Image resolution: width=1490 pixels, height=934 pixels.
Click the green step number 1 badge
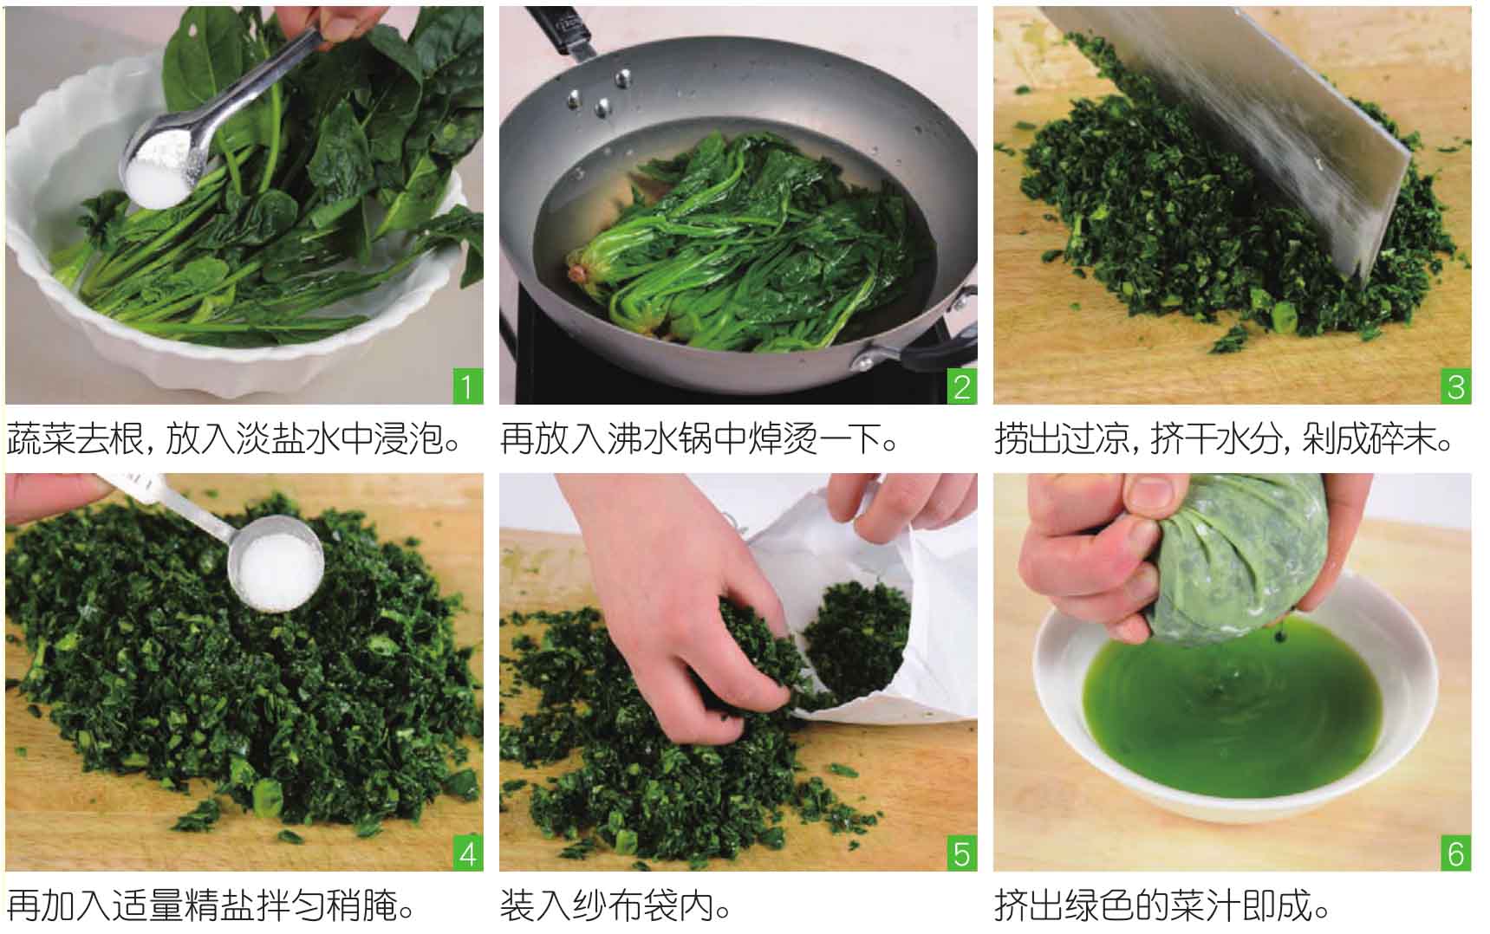pos(467,386)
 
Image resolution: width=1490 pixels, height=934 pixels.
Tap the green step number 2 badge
pos(961,386)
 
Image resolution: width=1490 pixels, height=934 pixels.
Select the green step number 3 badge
pos(1456,386)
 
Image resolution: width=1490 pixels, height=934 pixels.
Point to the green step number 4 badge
pos(467,853)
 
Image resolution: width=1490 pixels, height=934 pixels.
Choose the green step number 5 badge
pos(961,853)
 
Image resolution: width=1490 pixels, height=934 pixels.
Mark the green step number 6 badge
pos(1456,853)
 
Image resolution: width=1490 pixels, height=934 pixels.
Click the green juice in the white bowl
pos(1231,710)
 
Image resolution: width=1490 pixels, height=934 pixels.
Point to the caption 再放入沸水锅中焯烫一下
pos(699,440)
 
